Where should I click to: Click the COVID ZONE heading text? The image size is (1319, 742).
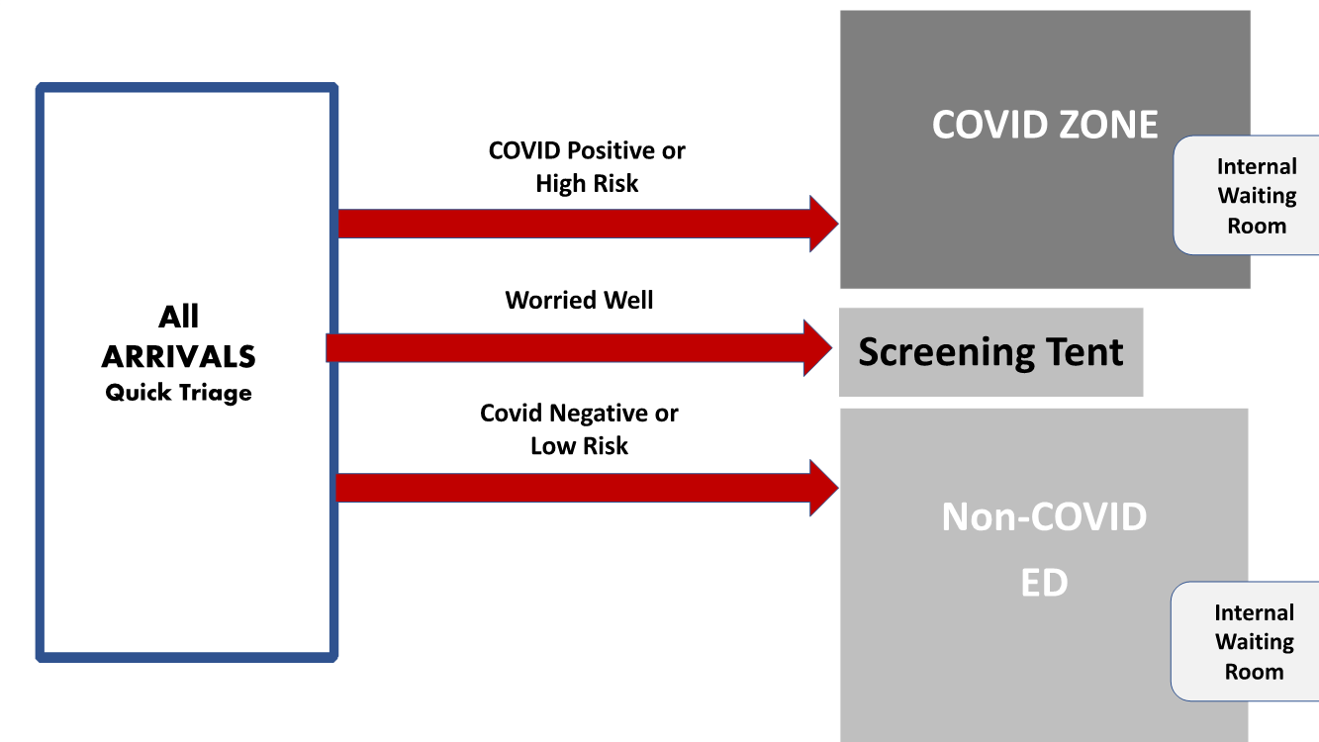click(x=1045, y=125)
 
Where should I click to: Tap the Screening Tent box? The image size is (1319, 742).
click(x=990, y=352)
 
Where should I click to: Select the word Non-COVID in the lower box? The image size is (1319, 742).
click(x=1044, y=516)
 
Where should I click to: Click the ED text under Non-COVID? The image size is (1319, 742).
click(x=1044, y=582)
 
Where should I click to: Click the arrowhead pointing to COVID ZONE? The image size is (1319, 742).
click(x=823, y=224)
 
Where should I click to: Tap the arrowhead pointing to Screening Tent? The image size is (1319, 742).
click(x=817, y=348)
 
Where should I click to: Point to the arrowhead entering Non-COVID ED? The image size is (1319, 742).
click(x=823, y=488)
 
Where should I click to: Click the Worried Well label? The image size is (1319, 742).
click(x=579, y=301)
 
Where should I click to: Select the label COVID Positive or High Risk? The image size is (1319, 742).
click(x=587, y=167)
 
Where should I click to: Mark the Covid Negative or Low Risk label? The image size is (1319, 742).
click(x=579, y=429)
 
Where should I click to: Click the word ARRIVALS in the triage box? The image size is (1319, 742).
click(x=178, y=356)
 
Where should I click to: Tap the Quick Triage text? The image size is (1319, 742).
click(x=178, y=393)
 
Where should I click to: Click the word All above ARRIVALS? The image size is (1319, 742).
click(x=178, y=317)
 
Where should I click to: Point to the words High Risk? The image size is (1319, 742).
click(x=587, y=184)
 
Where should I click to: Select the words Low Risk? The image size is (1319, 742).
click(x=579, y=446)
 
